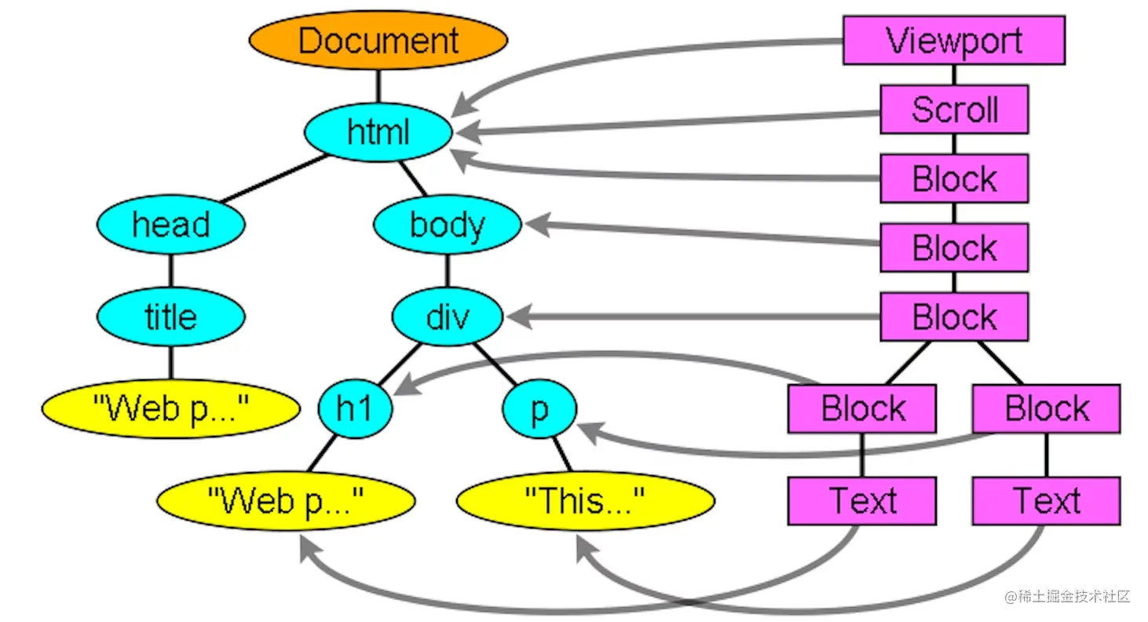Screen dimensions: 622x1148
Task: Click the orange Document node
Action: click(x=378, y=40)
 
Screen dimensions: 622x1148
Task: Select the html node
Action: click(x=378, y=133)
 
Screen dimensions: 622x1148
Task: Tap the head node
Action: click(x=171, y=225)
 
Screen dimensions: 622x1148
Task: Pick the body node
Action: click(x=447, y=225)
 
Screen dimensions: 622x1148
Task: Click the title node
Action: click(x=171, y=316)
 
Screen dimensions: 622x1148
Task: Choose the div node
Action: click(x=447, y=316)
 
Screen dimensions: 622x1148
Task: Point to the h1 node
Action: click(x=355, y=409)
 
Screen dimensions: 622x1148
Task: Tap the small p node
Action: click(x=539, y=409)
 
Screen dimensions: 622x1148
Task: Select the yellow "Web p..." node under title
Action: click(x=171, y=409)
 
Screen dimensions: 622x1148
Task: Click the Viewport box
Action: click(x=954, y=40)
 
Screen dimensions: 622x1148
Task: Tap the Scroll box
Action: click(x=954, y=110)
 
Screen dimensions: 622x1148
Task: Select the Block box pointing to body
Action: click(x=954, y=248)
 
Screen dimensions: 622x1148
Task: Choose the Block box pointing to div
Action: click(x=954, y=316)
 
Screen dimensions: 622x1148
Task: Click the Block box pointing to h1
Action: click(x=861, y=409)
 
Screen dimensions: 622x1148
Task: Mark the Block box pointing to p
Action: click(x=1046, y=409)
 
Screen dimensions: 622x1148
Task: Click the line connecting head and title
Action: click(x=171, y=270)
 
